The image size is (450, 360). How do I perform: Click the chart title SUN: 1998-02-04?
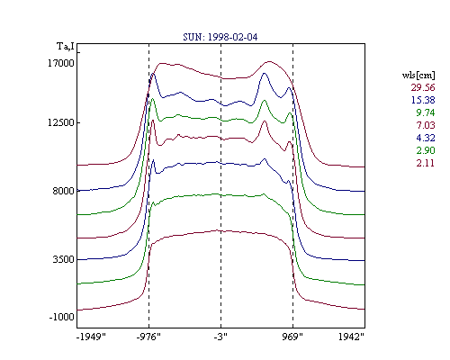(x=220, y=37)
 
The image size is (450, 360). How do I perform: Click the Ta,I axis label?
(x=66, y=47)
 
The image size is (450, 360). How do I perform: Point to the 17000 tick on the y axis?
(x=61, y=63)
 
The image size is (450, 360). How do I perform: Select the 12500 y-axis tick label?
(x=61, y=122)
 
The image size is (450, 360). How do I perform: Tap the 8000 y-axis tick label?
(x=63, y=191)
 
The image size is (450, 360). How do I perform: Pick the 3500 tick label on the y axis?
(x=63, y=259)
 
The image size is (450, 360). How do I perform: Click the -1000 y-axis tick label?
(x=61, y=317)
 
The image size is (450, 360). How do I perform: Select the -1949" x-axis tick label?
(x=91, y=337)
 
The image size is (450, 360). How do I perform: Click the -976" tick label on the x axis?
(x=148, y=337)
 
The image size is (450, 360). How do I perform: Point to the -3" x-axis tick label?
(x=220, y=337)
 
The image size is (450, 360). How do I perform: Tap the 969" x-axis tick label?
(x=292, y=337)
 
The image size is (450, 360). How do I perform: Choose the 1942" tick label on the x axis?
(x=351, y=337)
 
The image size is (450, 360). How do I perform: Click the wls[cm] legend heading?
(x=418, y=75)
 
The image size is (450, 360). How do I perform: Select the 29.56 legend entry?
(x=423, y=87)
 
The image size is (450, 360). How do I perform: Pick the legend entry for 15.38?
(x=423, y=100)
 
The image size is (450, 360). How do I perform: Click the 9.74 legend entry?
(x=426, y=112)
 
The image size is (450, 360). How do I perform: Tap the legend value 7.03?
(x=426, y=125)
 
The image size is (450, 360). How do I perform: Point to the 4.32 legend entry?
(x=426, y=138)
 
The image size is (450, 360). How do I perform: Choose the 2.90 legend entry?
(x=426, y=150)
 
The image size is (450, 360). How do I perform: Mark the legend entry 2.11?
(x=426, y=163)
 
